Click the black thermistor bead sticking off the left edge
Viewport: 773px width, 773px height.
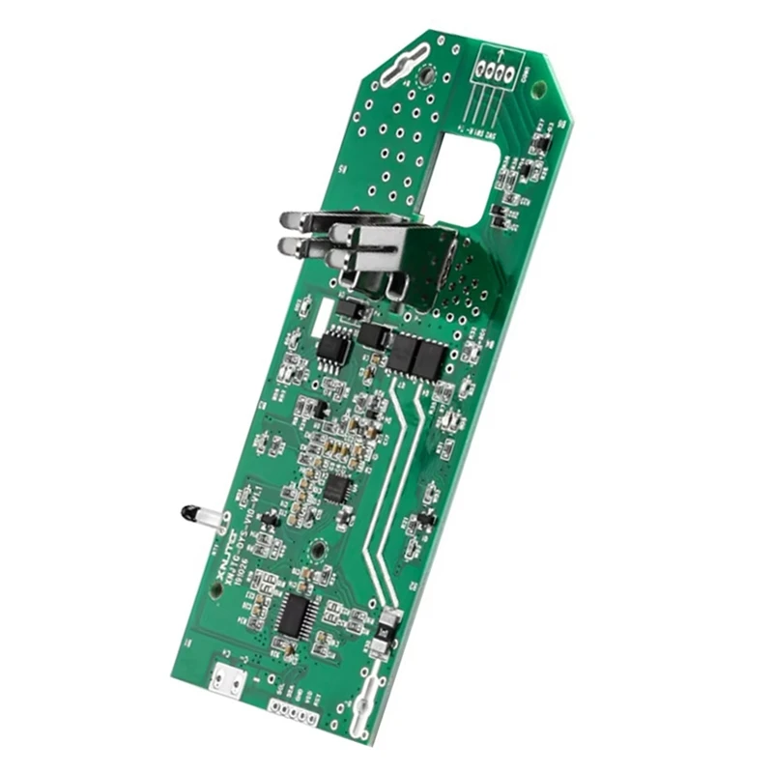pyautogui.click(x=187, y=512)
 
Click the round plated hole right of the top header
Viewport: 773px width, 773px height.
pyautogui.click(x=539, y=90)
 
